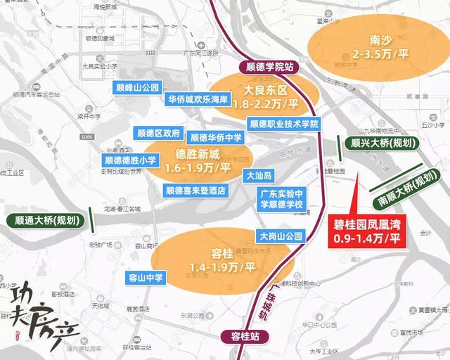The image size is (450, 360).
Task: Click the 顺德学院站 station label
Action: coord(270,68)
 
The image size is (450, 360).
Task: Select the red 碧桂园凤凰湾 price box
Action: coord(367,229)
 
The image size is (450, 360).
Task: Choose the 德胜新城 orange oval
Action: coord(188,160)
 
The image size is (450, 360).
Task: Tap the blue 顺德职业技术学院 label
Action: coord(284,124)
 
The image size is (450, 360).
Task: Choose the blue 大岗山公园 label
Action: coord(280,236)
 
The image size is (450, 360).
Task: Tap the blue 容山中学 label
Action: coord(145,277)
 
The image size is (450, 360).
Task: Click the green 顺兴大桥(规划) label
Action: coord(373,141)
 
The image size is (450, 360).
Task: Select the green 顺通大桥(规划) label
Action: coord(45,219)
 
